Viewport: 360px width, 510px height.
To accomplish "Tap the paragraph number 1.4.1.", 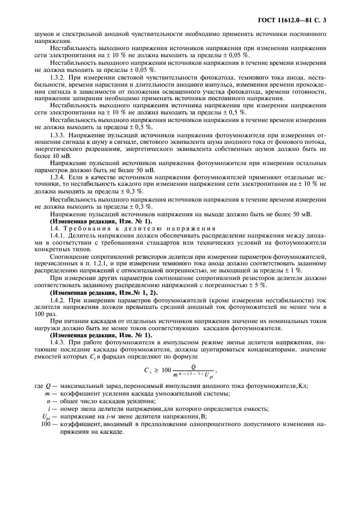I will pyautogui.click(x=59, y=236).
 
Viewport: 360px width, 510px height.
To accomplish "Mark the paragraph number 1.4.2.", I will pyautogui.click(x=59, y=300).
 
